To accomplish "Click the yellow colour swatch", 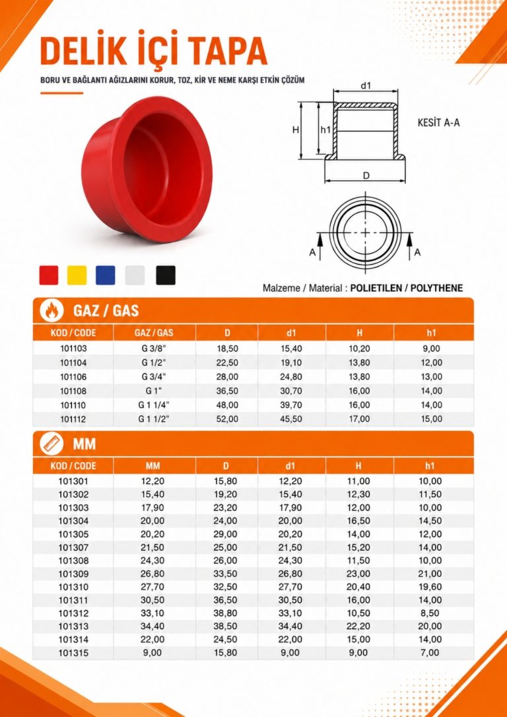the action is click(77, 275).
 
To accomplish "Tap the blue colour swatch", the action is click(105, 275).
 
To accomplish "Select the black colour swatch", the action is click(166, 275).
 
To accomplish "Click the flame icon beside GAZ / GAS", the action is click(50, 312).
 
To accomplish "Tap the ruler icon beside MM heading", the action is click(50, 444).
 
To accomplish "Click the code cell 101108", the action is click(73, 391).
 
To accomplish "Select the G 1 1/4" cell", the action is click(154, 405).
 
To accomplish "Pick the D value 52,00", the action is click(226, 419).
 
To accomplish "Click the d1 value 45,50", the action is click(292, 419).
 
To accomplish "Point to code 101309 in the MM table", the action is click(73, 574).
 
